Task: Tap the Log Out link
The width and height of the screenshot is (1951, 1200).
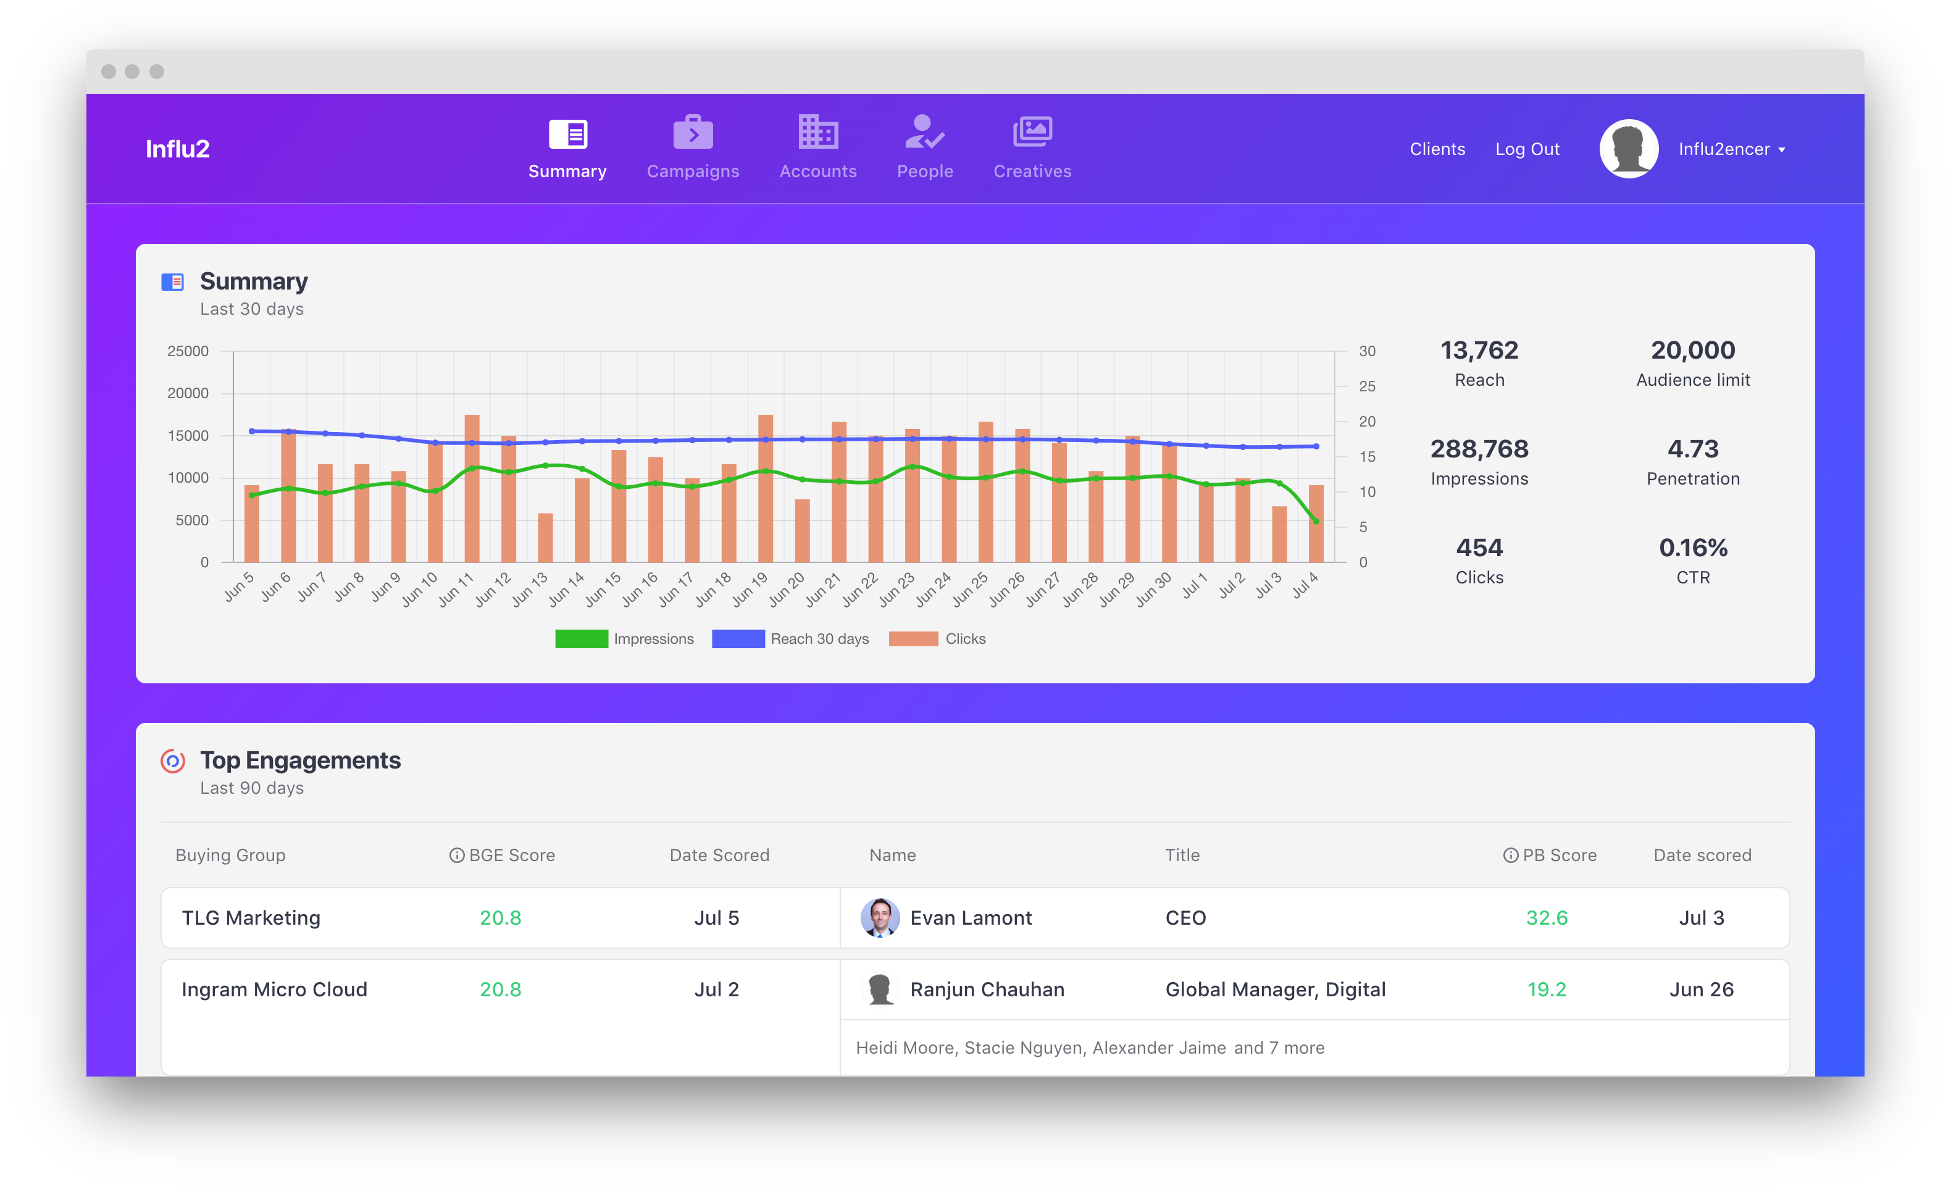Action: pos(1526,149)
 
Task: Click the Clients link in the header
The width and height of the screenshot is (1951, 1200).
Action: pos(1437,149)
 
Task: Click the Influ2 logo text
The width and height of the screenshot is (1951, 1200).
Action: pos(177,149)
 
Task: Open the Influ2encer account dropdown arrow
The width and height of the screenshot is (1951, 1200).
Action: pos(1781,150)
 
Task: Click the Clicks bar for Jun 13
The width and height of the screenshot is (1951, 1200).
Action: pos(545,538)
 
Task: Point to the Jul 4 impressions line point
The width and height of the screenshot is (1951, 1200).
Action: pos(1316,522)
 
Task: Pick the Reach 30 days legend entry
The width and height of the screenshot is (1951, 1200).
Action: pos(790,639)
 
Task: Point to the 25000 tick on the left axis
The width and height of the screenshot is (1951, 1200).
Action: pos(188,351)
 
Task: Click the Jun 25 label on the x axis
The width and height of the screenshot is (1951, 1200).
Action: pos(970,589)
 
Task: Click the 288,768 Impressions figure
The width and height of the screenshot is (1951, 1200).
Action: pos(1479,449)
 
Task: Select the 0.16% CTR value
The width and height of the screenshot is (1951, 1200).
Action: pos(1692,548)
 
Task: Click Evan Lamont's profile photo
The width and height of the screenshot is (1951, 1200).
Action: pos(879,917)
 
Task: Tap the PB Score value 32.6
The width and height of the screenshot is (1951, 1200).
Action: pos(1546,917)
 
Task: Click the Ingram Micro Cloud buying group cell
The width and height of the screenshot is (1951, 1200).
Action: pos(275,989)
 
